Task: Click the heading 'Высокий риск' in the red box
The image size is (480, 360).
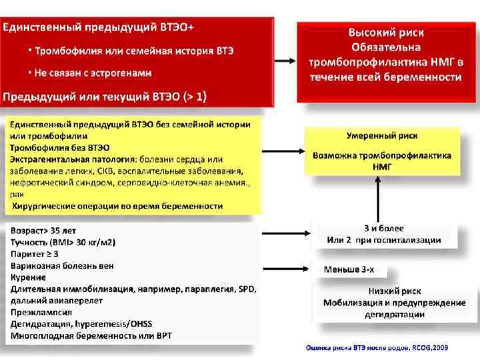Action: pos(387,32)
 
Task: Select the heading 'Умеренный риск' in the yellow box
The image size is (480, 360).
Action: pos(382,135)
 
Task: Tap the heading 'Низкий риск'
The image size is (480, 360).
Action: pos(395,291)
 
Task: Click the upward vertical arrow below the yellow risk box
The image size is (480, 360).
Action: pos(379,200)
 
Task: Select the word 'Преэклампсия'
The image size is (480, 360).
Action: pos(38,312)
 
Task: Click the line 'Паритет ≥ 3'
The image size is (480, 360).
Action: pos(34,254)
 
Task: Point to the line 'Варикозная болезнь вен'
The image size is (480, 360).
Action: pos(62,265)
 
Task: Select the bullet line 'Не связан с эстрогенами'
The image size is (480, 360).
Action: pos(94,73)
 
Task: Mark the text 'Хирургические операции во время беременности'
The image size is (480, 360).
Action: pos(117,206)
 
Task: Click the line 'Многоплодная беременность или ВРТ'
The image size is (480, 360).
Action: pos(91,335)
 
